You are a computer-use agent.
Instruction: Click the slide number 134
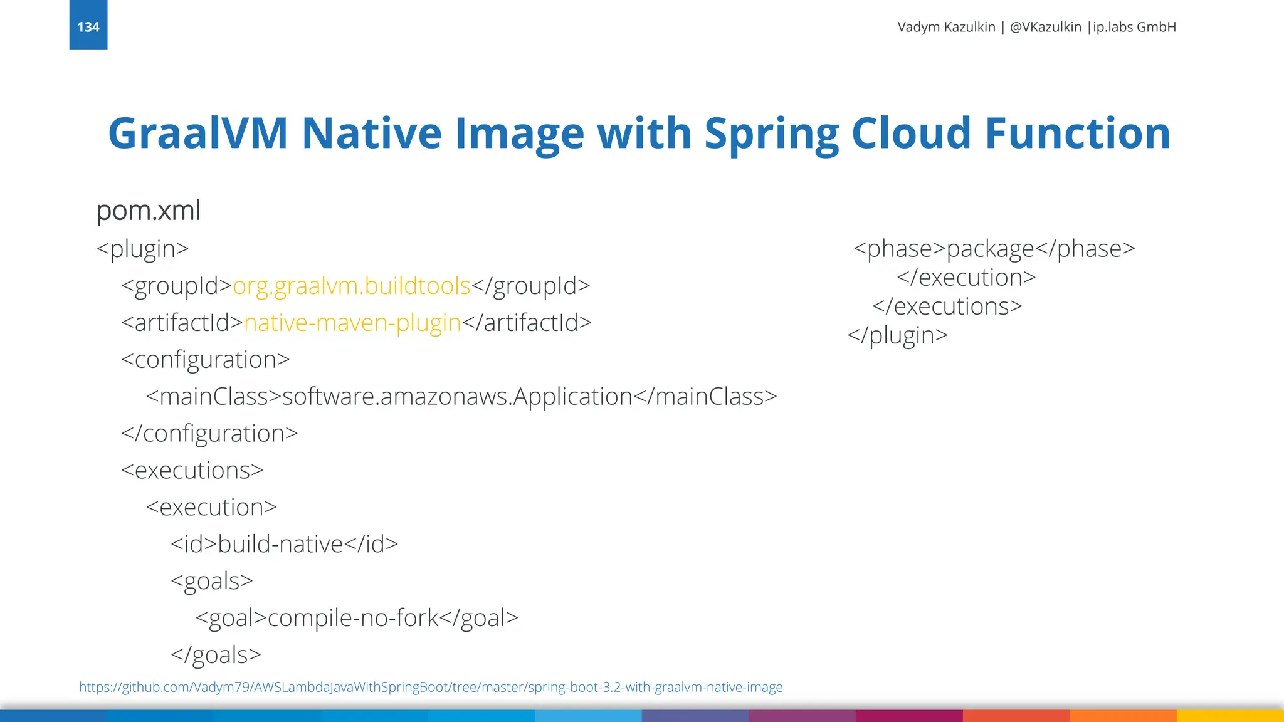click(88, 27)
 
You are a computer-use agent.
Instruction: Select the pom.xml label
click(149, 211)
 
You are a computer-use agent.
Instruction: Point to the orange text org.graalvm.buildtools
click(351, 286)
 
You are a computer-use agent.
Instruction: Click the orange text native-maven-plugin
click(352, 323)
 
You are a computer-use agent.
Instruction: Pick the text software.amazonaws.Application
click(458, 397)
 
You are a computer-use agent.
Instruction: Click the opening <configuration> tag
click(206, 360)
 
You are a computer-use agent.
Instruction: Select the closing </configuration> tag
click(209, 434)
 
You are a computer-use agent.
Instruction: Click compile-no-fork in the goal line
click(353, 618)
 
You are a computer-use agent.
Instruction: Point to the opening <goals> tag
click(212, 581)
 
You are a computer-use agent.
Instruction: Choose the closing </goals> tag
click(216, 655)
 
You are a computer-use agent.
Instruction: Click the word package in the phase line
click(990, 249)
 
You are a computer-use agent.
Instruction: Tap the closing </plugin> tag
click(898, 335)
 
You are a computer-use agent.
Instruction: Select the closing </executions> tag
click(947, 306)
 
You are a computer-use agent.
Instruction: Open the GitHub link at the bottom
click(431, 688)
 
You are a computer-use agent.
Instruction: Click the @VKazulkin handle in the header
click(1046, 27)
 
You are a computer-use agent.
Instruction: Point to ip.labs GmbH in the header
click(1134, 27)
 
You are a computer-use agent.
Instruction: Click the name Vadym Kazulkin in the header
click(946, 27)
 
